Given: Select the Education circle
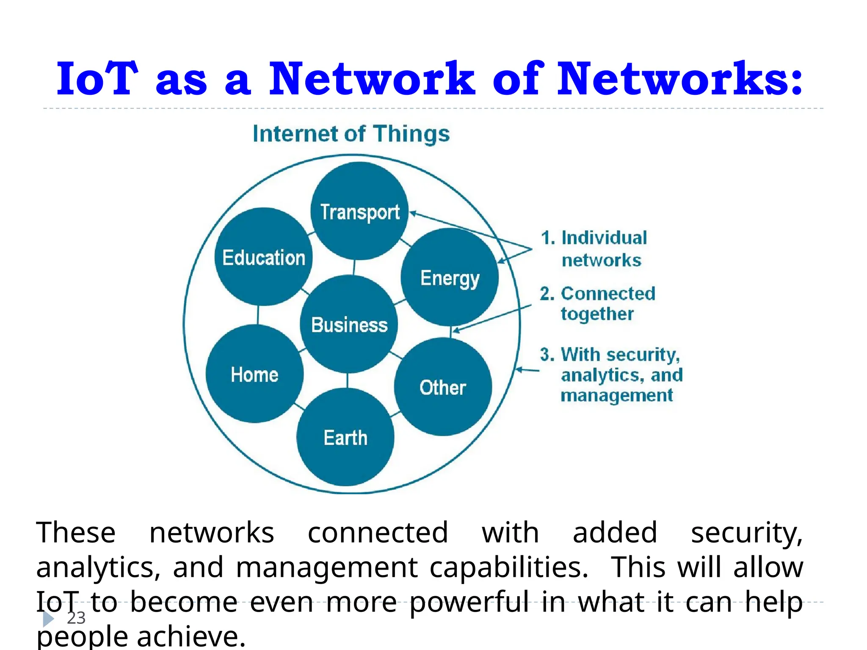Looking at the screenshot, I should [x=264, y=256].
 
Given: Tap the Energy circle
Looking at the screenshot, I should [x=450, y=277].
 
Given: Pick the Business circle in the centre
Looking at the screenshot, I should [x=349, y=324].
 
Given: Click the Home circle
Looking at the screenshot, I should [x=254, y=374].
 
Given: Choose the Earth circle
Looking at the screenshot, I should [x=345, y=437].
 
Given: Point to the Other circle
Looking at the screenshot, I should [x=443, y=387].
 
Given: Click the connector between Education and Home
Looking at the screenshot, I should [x=258, y=315].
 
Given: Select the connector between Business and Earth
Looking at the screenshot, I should [x=348, y=380].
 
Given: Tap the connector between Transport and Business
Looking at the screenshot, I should [x=354, y=267].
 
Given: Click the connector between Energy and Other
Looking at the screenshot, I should [x=451, y=332].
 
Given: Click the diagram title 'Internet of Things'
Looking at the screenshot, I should [x=351, y=134].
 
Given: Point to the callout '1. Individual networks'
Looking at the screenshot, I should [x=594, y=249].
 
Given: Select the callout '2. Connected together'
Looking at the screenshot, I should [x=597, y=303].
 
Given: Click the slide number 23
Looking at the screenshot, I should [x=76, y=618].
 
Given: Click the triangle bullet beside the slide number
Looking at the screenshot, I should [x=48, y=619].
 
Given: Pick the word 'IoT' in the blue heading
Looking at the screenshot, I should [x=97, y=79].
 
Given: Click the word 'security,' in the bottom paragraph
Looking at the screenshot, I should [x=746, y=533].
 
